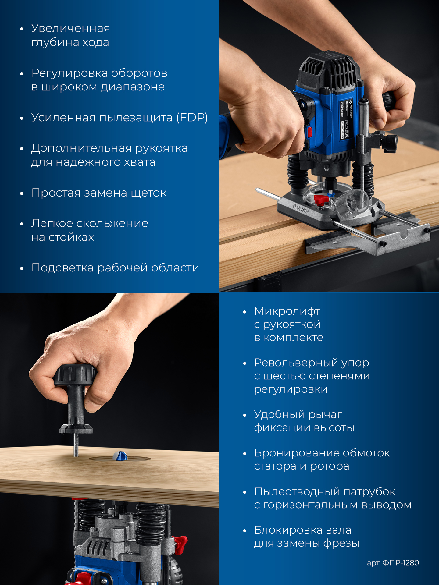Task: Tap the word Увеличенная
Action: pyautogui.click(x=71, y=28)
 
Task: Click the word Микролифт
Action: pyautogui.click(x=287, y=311)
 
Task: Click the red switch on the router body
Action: pyautogui.click(x=310, y=132)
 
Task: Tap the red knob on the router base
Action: pyautogui.click(x=321, y=200)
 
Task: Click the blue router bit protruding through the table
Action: pyautogui.click(x=120, y=456)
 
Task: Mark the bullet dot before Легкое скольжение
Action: pyautogui.click(x=22, y=224)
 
